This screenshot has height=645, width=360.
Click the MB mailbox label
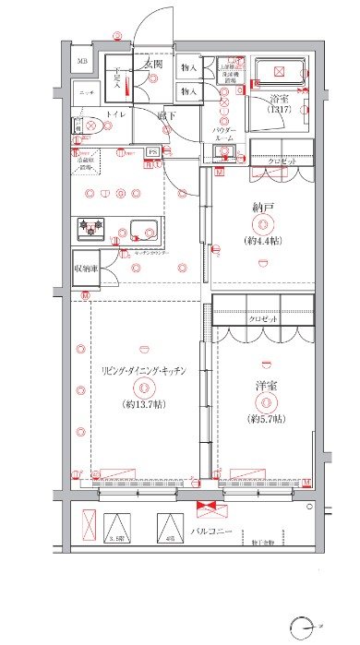click(x=82, y=63)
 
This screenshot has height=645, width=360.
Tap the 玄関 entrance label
click(x=152, y=66)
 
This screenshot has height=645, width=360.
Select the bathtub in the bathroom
click(x=279, y=74)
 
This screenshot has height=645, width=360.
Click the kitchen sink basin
click(x=144, y=231)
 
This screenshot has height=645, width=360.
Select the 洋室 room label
click(x=265, y=388)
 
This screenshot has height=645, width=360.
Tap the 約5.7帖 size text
click(x=266, y=419)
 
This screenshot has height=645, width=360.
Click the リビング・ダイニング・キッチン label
click(x=145, y=370)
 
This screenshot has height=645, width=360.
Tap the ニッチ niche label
click(x=87, y=93)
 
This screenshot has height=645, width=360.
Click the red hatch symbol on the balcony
click(x=209, y=506)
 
